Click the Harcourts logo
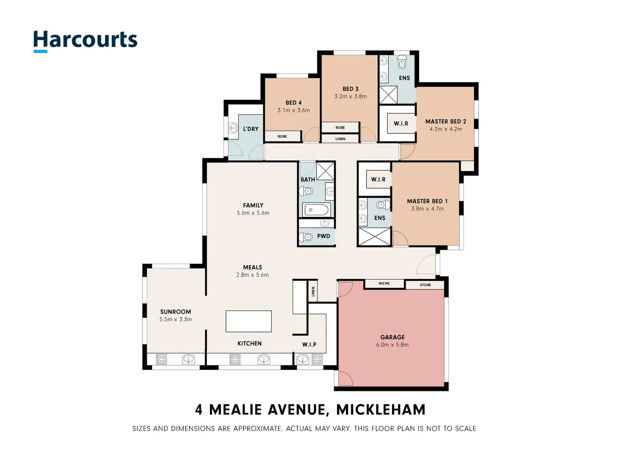pyautogui.click(x=85, y=41)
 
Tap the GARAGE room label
pyautogui.click(x=392, y=337)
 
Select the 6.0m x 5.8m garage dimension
pyautogui.click(x=392, y=345)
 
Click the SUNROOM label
pyautogui.click(x=176, y=312)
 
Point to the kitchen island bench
pyautogui.click(x=249, y=321)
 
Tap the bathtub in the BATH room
pyautogui.click(x=317, y=210)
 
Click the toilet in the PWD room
pyautogui.click(x=307, y=236)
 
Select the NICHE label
pyautogui.click(x=384, y=283)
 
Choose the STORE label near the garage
pyautogui.click(x=425, y=285)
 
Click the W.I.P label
pyautogui.click(x=309, y=344)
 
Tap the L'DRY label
pyautogui.click(x=251, y=129)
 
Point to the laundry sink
pyautogui.click(x=233, y=128)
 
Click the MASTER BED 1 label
pyautogui.click(x=427, y=201)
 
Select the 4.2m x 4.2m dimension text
pyautogui.click(x=445, y=129)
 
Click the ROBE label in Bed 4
pyautogui.click(x=282, y=136)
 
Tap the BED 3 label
pyautogui.click(x=350, y=89)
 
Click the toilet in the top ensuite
pyautogui.click(x=402, y=63)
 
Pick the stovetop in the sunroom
pyautogui.click(x=161, y=359)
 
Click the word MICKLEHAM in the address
pyautogui.click(x=381, y=409)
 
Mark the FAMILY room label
pyautogui.click(x=253, y=205)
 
